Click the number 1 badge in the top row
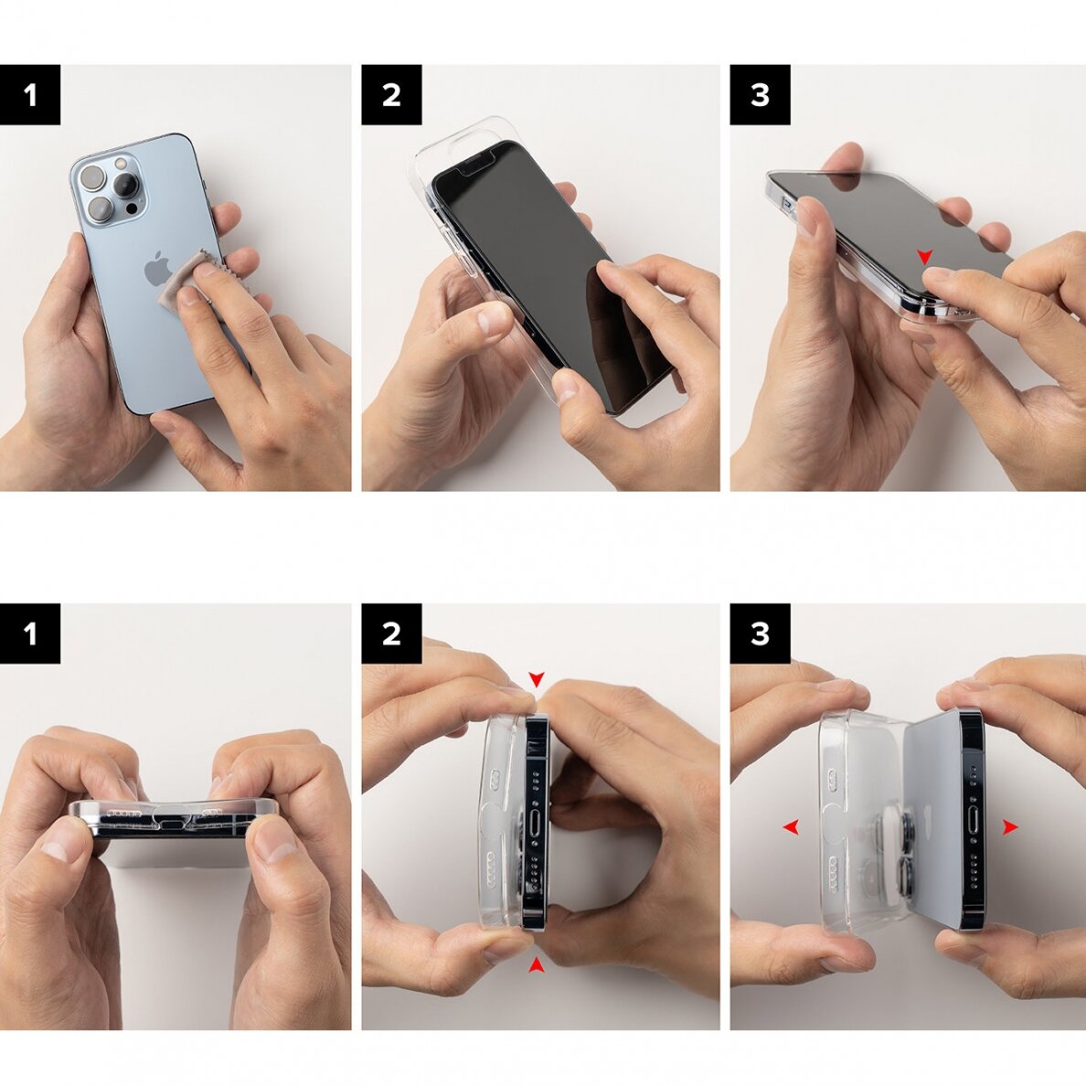[30, 94]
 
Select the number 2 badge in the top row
[391, 94]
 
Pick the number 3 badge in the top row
[760, 94]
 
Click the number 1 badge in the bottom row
[30, 633]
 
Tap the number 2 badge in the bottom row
[391, 633]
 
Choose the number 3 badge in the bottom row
[760, 633]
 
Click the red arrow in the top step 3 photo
[925, 258]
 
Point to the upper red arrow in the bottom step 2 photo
[537, 679]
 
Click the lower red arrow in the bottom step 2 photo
[537, 964]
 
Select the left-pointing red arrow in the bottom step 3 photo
[791, 827]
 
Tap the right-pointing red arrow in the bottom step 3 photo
[1009, 827]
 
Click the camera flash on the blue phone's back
[119, 164]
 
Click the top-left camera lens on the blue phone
[92, 177]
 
